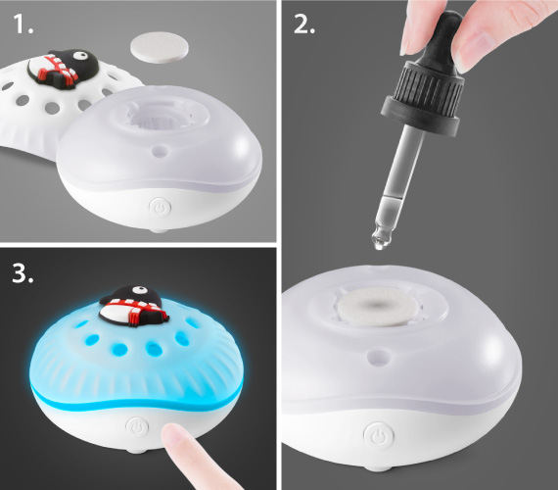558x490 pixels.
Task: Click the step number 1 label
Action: (x=23, y=24)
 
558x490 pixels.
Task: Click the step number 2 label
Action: (x=304, y=24)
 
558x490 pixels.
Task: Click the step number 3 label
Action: (x=23, y=273)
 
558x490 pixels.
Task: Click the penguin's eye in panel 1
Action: (x=82, y=55)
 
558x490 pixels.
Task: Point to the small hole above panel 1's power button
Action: (x=160, y=152)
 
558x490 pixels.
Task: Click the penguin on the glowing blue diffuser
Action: (x=133, y=307)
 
